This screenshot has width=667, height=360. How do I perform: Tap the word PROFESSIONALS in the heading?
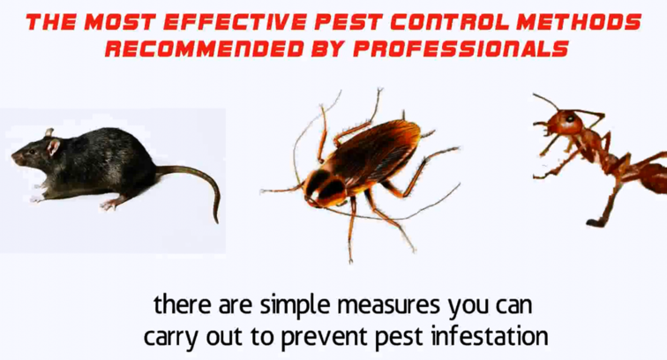(461, 49)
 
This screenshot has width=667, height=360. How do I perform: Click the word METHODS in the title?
(579, 23)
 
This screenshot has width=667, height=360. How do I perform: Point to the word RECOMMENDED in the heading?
(204, 49)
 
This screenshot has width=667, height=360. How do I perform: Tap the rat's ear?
(54, 146)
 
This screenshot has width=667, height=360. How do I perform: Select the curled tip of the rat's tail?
(215, 218)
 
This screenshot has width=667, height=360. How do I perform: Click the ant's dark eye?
(570, 118)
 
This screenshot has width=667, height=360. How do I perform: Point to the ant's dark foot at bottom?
(596, 222)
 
